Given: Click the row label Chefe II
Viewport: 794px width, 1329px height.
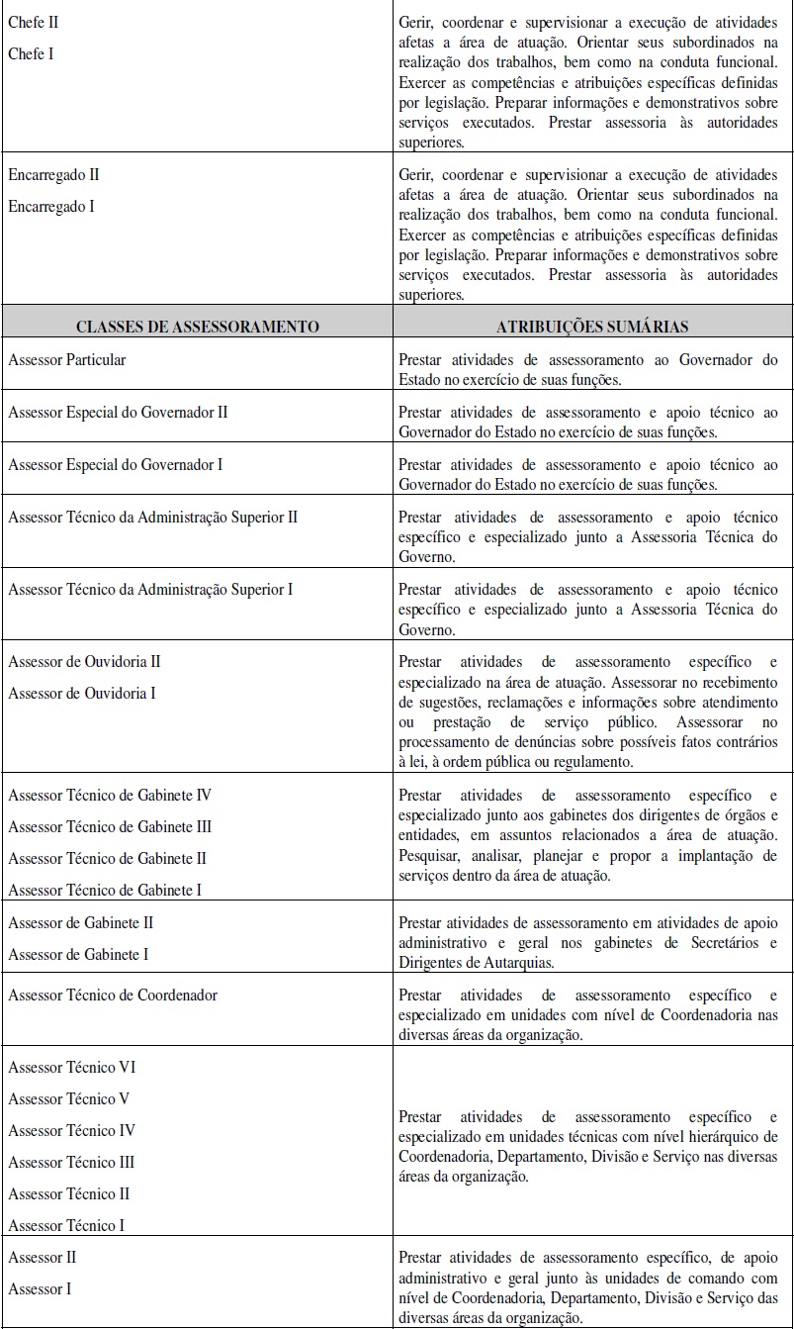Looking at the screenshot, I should point(33,21).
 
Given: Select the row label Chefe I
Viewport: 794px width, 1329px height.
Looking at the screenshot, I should point(31,53).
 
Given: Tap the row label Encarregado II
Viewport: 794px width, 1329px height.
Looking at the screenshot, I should point(53,175).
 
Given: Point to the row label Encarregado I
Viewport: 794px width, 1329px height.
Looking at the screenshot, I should point(51,207).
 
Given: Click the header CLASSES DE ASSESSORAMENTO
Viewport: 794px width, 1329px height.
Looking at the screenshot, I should point(198,326).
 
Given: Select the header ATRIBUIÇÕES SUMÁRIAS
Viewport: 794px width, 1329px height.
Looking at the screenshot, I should point(592,326).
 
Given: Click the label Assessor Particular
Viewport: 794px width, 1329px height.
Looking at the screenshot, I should point(67,360).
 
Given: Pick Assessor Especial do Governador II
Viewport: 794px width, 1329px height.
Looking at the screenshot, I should point(118,412).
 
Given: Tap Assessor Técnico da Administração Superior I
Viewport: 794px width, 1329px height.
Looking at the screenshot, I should point(150,590).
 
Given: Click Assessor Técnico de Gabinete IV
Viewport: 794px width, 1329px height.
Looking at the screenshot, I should point(110,795).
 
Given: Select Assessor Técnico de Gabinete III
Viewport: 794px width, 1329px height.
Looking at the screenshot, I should point(110,826).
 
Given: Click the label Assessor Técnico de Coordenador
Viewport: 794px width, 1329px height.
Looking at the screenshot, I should point(113,995).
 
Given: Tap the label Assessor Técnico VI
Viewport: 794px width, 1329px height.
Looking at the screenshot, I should point(72,1067).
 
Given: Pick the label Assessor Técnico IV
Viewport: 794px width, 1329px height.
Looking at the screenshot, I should point(72,1130).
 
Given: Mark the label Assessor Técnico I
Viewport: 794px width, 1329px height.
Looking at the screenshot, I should point(66,1225).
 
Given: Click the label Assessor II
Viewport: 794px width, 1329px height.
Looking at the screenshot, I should point(43,1258).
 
